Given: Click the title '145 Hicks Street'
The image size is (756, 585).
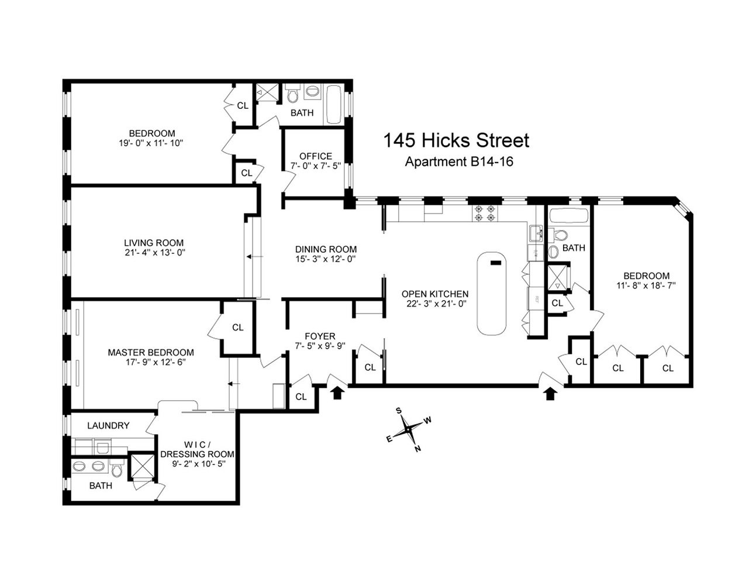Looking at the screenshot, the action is point(456,140).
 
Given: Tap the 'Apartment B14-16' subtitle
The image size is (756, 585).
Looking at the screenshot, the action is point(459,161).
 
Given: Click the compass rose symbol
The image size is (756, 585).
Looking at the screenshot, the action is point(408,430).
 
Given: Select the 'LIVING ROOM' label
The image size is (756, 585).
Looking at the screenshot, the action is point(154,243).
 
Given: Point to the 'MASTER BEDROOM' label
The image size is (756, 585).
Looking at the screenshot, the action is point(151,352).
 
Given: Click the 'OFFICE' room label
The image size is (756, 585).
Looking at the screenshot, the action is point(316,156).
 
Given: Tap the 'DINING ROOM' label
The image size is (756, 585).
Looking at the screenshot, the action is point(326,249).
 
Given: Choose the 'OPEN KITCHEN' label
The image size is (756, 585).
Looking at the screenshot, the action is point(435,294).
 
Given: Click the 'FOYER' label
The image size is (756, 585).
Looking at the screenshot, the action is point(320,336).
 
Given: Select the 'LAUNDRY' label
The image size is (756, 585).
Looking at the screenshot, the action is point(108,425).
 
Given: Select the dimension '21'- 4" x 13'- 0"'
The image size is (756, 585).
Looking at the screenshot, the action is point(154,253).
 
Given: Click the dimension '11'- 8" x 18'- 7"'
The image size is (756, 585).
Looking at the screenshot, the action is point(647,286).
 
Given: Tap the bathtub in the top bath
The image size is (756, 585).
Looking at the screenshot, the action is point(334,105).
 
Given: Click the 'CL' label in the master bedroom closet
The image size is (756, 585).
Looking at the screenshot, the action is point(237,328).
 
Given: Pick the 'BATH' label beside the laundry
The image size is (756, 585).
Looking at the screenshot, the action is point(101,486).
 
